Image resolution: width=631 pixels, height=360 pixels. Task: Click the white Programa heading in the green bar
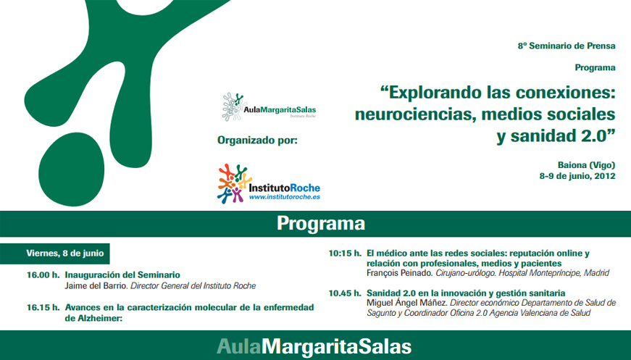pyautogui.click(x=320, y=223)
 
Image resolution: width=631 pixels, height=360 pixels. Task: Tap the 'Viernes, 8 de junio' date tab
pyautogui.click(x=64, y=254)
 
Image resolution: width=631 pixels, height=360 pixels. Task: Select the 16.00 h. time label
pyautogui.click(x=43, y=275)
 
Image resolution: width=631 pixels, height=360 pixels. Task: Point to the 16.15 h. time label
pyautogui.click(x=43, y=307)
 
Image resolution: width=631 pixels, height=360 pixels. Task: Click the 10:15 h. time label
pyautogui.click(x=344, y=254)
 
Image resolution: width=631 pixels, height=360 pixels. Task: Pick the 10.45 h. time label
pyautogui.click(x=344, y=293)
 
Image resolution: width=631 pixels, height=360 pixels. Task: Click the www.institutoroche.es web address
pyautogui.click(x=285, y=196)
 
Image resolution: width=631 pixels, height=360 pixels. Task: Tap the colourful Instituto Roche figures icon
pyautogui.click(x=233, y=183)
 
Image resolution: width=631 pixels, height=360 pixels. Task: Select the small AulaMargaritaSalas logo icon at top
pyautogui.click(x=233, y=106)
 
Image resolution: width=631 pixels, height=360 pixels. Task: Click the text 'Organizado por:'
pyautogui.click(x=257, y=138)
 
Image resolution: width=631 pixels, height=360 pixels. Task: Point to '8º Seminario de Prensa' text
pyautogui.click(x=566, y=46)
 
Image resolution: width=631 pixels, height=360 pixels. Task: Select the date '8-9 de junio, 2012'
pyautogui.click(x=577, y=176)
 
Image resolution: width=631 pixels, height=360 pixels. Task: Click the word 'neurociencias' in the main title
pyautogui.click(x=412, y=114)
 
